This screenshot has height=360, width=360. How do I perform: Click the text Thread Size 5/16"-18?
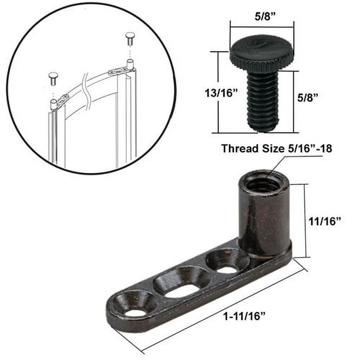pyautogui.click(x=276, y=148)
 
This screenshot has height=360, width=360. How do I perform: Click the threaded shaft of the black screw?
pyautogui.click(x=262, y=101)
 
